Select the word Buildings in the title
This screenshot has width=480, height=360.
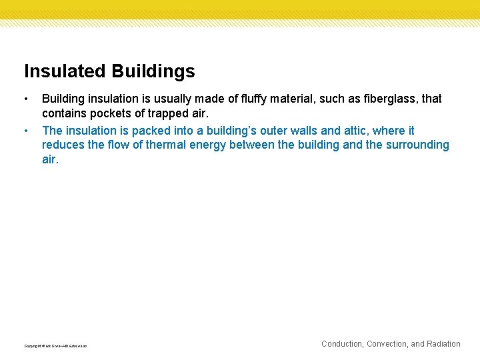click(x=153, y=71)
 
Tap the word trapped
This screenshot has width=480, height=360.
click(x=165, y=113)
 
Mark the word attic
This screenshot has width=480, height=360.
click(x=355, y=131)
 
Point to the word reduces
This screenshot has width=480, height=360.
click(x=63, y=145)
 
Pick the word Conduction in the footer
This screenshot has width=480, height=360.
click(x=342, y=344)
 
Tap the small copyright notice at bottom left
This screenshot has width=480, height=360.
click(x=55, y=346)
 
